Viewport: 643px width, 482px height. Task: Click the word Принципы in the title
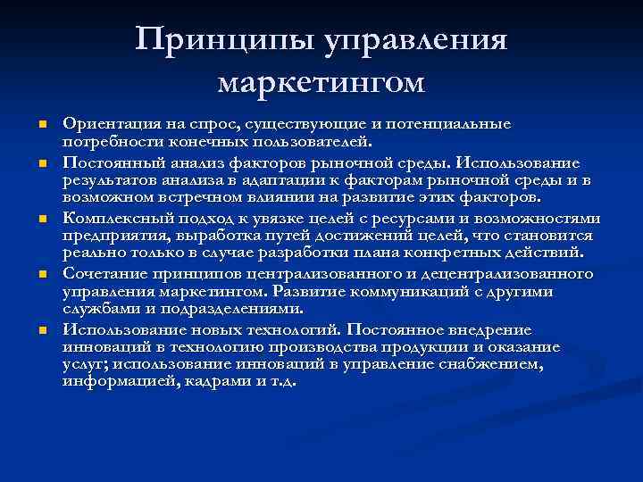pyautogui.click(x=214, y=40)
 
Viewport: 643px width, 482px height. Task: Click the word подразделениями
pyautogui.click(x=235, y=309)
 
